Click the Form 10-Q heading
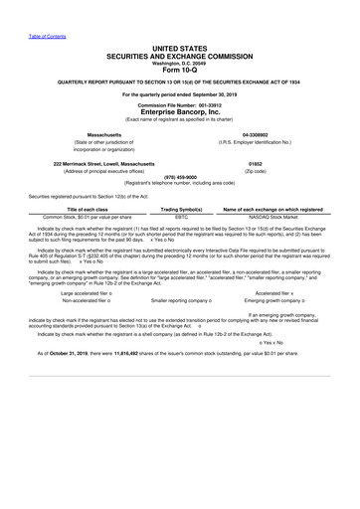[x=181, y=70]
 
